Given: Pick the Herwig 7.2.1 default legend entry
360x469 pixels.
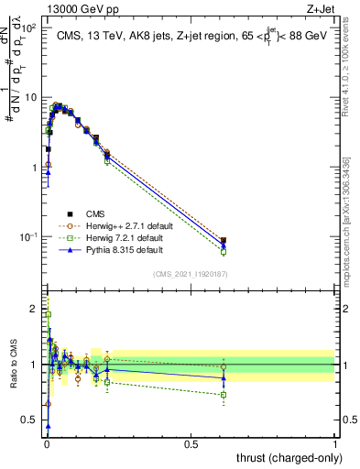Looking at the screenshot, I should tap(115, 237).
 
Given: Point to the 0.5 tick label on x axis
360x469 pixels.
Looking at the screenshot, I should tap(191, 442).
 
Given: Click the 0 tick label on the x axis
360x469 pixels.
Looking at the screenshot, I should tap(47, 442).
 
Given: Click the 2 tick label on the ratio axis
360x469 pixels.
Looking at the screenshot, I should tap(33, 308).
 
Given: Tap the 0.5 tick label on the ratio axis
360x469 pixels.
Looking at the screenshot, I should tap(29, 420).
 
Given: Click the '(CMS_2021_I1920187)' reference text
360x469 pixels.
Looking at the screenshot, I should tap(191, 272).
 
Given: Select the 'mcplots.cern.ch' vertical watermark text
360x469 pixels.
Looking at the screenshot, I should tap(346, 220).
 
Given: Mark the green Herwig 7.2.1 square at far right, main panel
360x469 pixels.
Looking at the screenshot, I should tap(224, 252).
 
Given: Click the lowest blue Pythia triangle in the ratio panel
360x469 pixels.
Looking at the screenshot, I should tap(48, 426).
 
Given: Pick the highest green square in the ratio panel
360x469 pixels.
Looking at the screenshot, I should tap(48, 314).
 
